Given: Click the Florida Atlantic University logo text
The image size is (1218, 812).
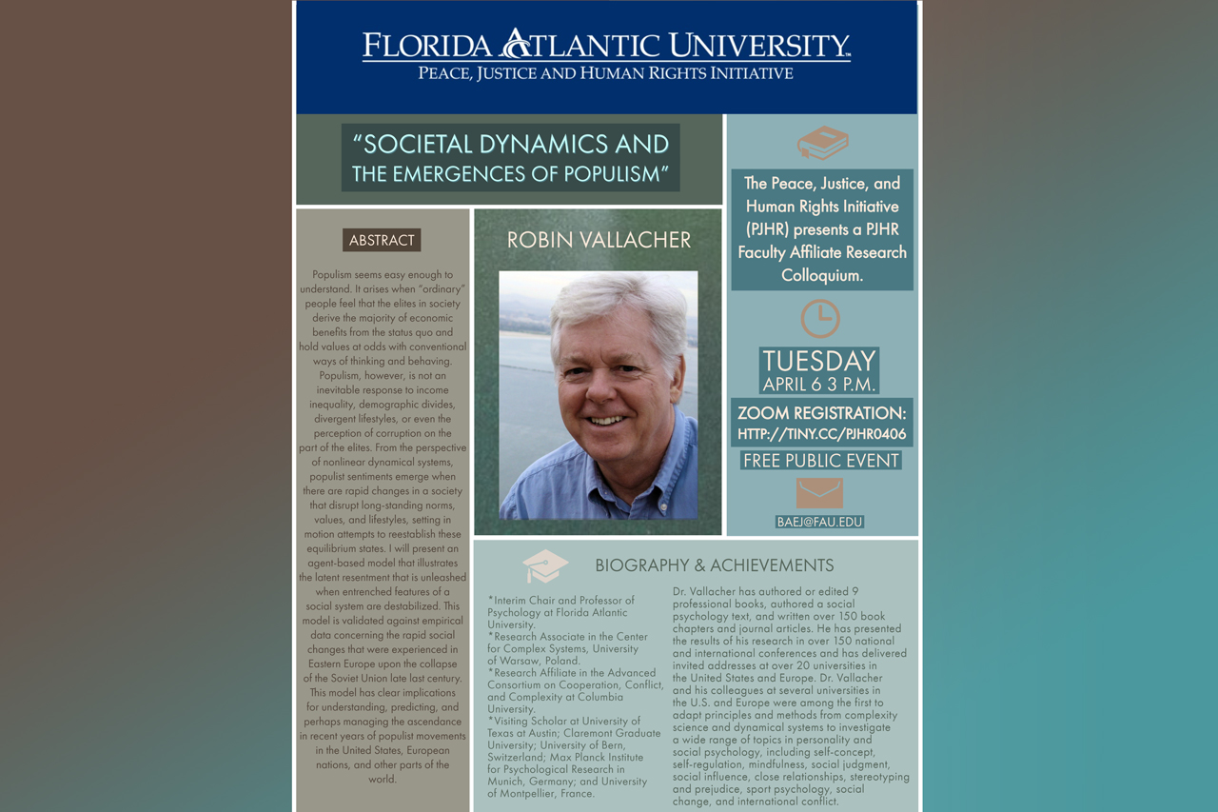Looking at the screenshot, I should click(606, 45).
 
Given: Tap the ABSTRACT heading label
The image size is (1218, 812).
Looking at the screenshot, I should click(382, 240).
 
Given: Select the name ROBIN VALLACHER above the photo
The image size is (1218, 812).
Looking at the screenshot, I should click(599, 240).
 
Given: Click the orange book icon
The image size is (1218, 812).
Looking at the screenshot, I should click(822, 143).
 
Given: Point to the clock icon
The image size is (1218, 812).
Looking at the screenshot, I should click(819, 318).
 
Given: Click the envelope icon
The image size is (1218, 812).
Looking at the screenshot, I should click(819, 493).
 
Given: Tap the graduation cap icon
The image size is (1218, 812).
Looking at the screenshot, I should click(545, 566).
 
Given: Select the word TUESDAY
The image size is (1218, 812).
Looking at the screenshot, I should click(819, 361).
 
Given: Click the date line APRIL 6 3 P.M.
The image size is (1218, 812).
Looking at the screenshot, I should click(819, 385).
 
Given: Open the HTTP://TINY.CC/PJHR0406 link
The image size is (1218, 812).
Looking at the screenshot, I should click(822, 434).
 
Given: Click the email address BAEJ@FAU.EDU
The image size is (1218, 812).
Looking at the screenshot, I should click(819, 522).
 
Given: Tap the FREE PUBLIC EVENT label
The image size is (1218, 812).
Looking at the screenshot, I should click(820, 461).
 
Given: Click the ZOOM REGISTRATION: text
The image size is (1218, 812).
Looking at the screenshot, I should click(822, 413).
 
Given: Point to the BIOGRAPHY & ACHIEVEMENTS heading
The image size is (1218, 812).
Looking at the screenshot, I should click(715, 565).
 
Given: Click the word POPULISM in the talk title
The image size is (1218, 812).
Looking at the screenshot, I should click(608, 174).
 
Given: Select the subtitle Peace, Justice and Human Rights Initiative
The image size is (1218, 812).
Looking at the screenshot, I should click(606, 73).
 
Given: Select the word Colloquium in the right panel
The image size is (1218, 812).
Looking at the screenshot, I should click(822, 275).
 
